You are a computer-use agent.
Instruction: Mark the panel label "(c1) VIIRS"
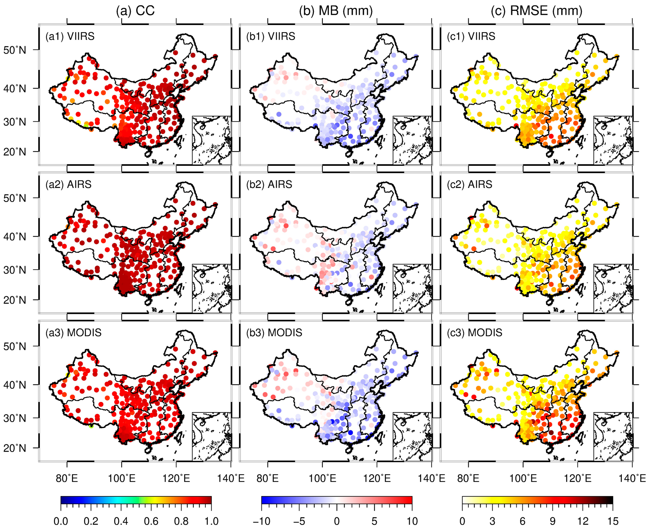coord(471,36)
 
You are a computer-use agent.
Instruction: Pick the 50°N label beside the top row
coord(15,50)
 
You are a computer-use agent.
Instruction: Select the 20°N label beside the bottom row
coord(15,448)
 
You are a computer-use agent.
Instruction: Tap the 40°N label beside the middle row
coord(15,237)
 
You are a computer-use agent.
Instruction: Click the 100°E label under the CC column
coord(121,478)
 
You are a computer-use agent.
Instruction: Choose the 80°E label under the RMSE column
coord(468,478)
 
